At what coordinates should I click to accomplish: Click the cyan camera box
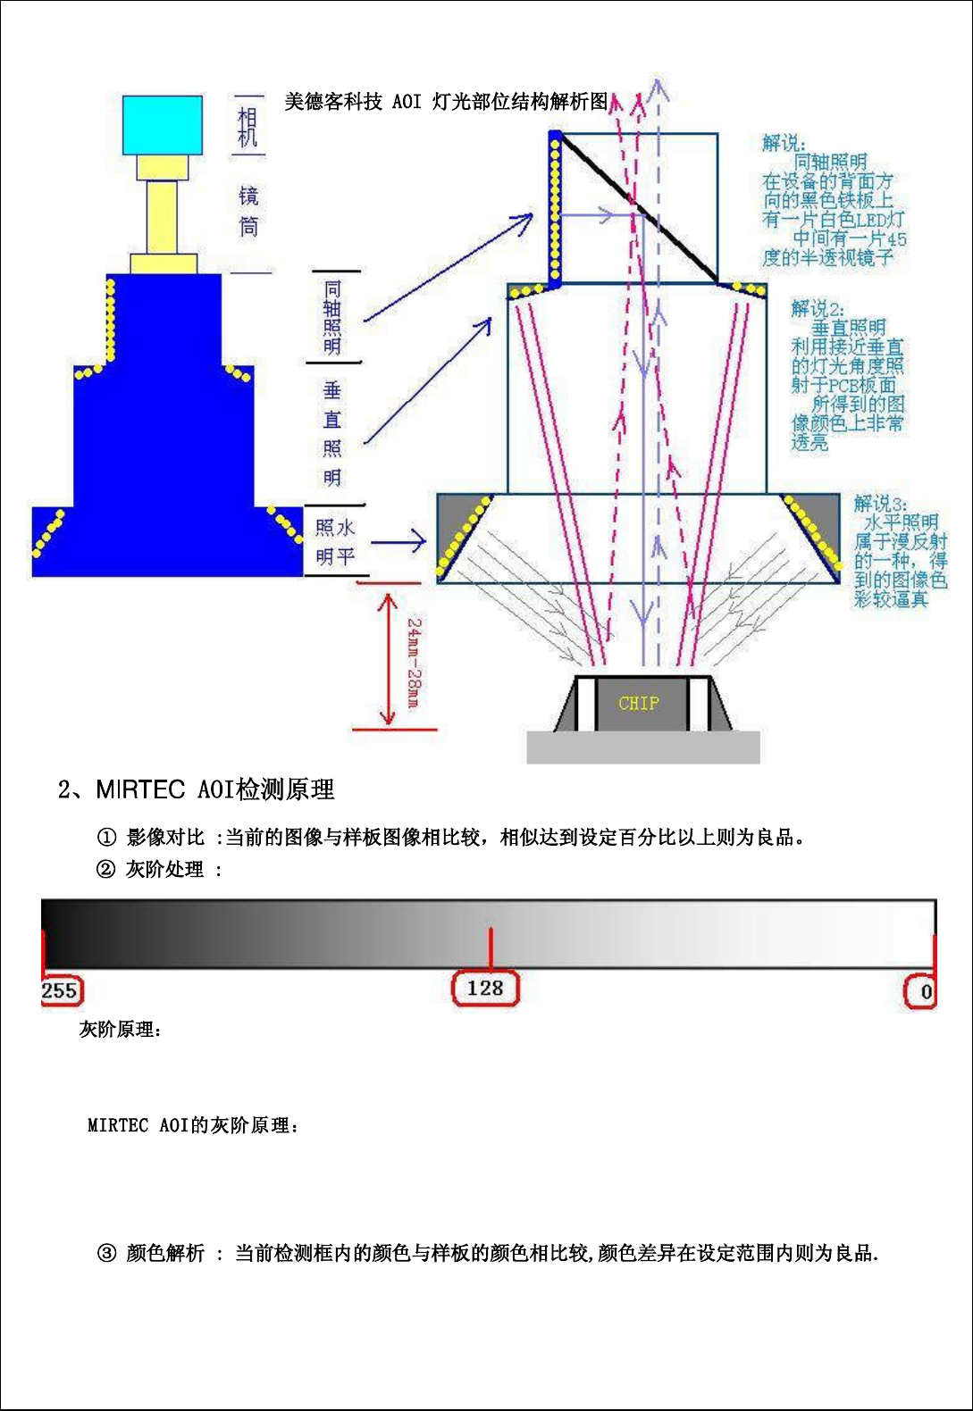(162, 125)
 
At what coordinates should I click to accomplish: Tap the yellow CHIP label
(638, 704)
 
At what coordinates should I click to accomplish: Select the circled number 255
(60, 990)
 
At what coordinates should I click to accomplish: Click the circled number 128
(485, 989)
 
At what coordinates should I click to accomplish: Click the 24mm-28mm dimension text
(414, 663)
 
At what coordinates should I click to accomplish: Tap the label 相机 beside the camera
(247, 127)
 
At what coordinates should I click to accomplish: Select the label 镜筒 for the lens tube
(248, 212)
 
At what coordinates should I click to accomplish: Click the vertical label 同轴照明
(332, 317)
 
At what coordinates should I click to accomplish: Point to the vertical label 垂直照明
(332, 433)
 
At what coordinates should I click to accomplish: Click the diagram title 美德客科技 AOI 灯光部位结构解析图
(446, 102)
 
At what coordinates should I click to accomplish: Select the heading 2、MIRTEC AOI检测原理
(197, 789)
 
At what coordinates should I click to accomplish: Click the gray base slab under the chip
(642, 747)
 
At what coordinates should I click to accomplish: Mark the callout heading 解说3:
(879, 504)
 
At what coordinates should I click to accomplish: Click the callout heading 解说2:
(817, 309)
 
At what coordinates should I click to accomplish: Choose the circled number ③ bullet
(106, 1253)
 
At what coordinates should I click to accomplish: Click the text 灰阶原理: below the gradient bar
(121, 1030)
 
